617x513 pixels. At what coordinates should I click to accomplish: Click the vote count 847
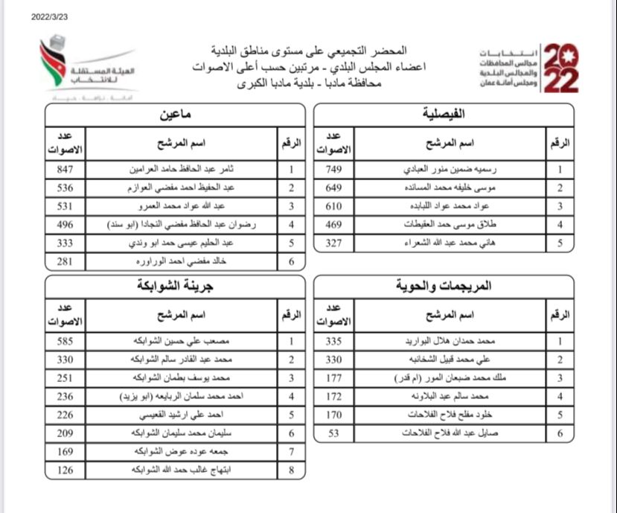click(64, 169)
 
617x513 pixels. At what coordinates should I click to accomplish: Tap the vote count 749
click(334, 169)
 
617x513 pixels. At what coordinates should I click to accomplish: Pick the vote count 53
click(334, 432)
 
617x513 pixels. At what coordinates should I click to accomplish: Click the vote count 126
click(64, 469)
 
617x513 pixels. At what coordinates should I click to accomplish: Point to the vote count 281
click(64, 261)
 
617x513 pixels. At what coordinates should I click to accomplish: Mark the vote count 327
click(334, 242)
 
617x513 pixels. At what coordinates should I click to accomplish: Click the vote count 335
click(334, 341)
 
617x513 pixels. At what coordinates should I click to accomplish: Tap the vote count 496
click(64, 224)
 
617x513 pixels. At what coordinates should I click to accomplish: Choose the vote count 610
click(334, 205)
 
